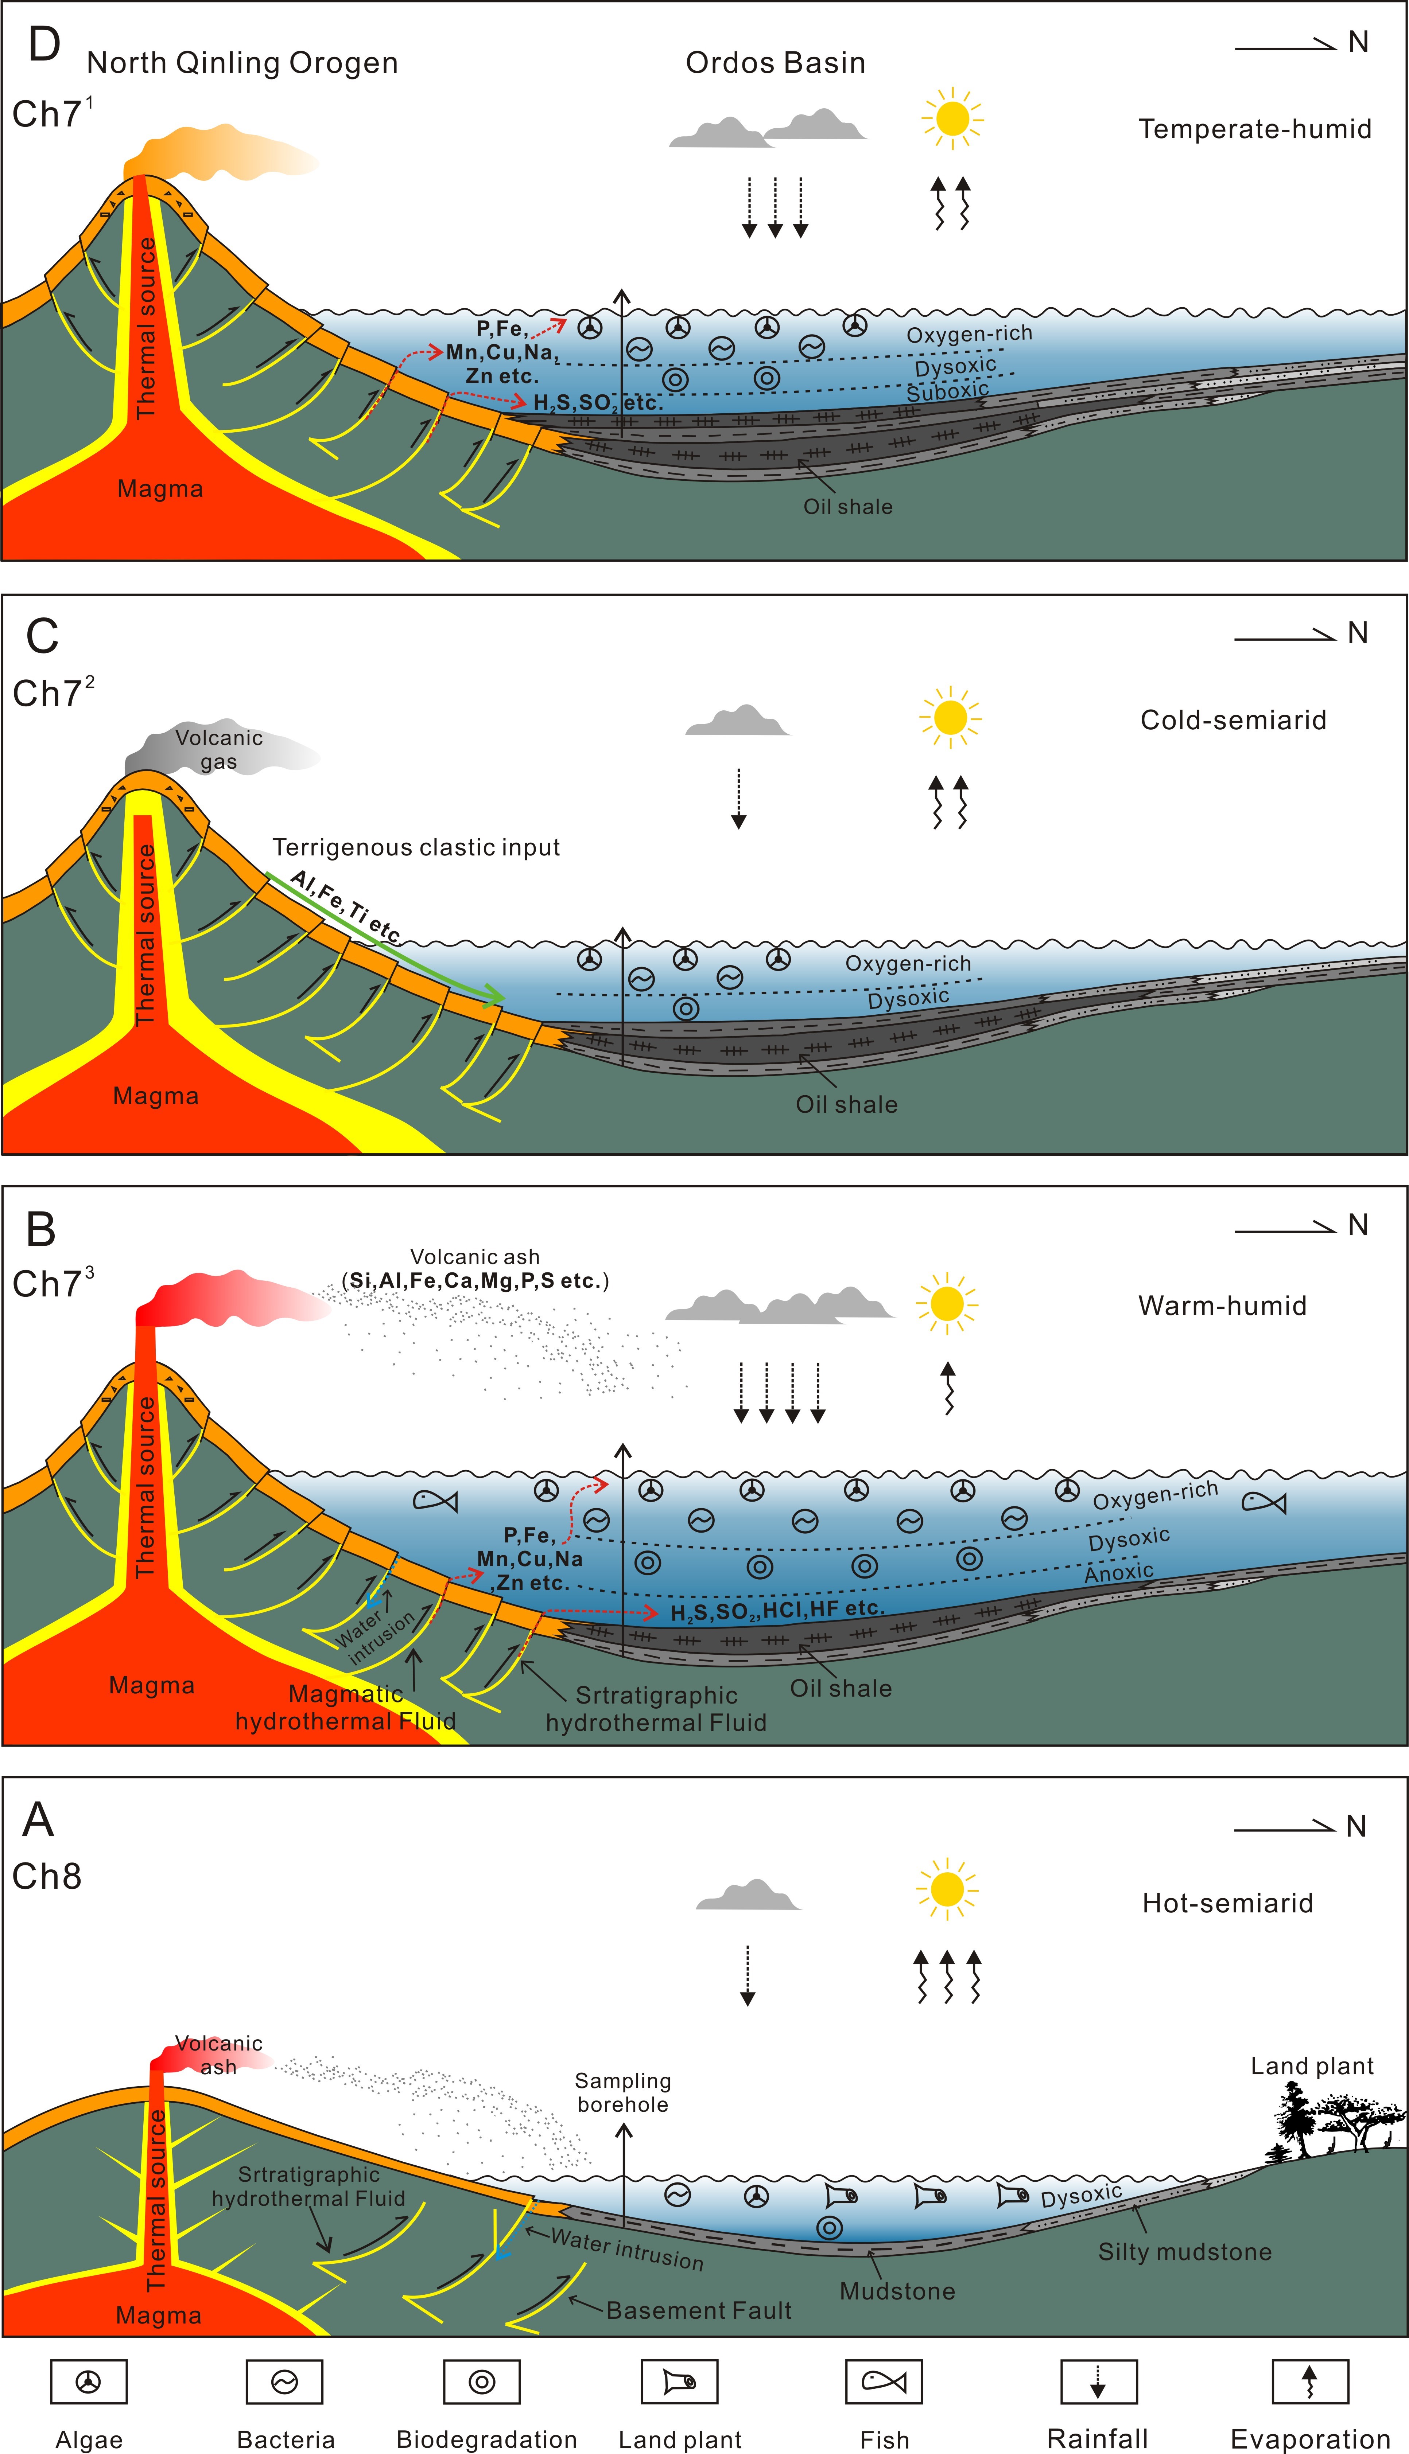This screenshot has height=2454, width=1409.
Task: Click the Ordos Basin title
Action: (x=775, y=63)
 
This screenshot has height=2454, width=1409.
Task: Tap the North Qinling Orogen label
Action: (x=242, y=63)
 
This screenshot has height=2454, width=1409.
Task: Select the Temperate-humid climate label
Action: (x=1255, y=129)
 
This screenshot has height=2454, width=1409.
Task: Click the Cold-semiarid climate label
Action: (x=1233, y=720)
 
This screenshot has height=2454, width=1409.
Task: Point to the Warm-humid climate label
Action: (x=1222, y=1306)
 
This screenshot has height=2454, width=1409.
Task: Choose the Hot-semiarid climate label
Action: (x=1227, y=1904)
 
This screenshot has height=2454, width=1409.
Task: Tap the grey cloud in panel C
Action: (x=737, y=721)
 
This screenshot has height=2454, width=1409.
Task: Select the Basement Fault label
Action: (x=699, y=2311)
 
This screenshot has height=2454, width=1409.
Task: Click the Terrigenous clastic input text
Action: (x=416, y=847)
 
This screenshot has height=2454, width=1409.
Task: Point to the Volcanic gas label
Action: (x=219, y=750)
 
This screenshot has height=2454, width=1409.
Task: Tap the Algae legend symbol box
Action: (x=88, y=2381)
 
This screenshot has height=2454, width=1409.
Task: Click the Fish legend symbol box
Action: (x=884, y=2381)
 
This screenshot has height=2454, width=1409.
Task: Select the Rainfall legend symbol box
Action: (x=1098, y=2381)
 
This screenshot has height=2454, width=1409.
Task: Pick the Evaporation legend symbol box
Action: (x=1309, y=2381)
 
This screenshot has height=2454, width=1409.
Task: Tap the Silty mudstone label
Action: (x=1184, y=2252)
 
